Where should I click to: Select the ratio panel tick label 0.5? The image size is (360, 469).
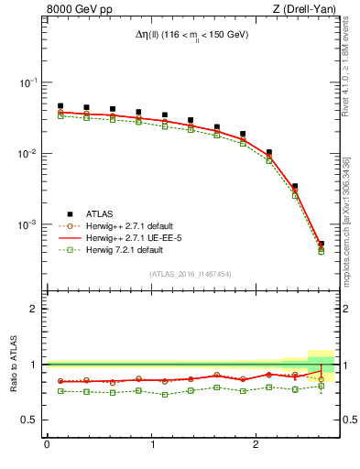tap(29, 420)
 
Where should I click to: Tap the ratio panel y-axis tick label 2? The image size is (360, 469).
tap(34, 309)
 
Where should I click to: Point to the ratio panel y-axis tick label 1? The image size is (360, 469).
tap(34, 365)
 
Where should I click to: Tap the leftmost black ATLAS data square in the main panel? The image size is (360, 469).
tap(60, 106)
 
